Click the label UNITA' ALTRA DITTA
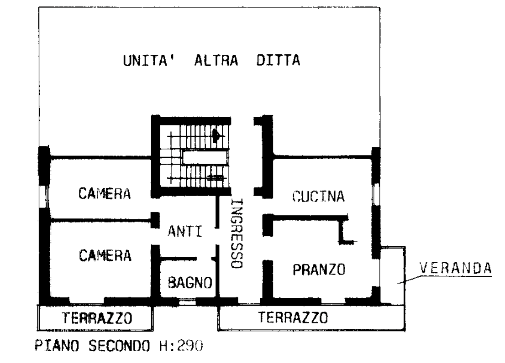211,61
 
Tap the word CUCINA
318,197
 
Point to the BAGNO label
190,283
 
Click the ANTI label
185,232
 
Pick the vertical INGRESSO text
237,233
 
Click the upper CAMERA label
105,194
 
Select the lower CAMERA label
105,255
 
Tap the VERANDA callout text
455,268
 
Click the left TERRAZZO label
97,317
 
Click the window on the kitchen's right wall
376,194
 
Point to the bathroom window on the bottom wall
186,301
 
